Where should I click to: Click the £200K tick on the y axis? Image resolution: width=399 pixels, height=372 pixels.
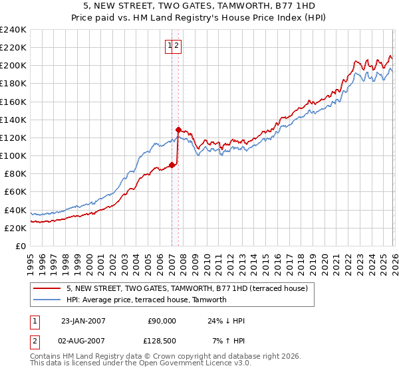coord(13,66)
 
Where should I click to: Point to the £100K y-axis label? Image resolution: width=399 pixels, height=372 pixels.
coord(13,156)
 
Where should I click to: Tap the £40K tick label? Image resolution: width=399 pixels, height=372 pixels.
coord(15,210)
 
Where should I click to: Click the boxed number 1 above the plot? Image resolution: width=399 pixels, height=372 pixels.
coord(171,45)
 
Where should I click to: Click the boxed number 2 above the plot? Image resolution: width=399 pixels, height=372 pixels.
coord(178,45)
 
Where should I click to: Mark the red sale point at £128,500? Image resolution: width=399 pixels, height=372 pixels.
coord(178,130)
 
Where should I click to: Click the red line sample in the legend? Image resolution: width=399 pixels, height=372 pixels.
coord(48,289)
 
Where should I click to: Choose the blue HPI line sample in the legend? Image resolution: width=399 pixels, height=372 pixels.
coord(48,300)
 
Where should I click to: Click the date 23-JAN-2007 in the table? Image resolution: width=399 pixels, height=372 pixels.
coord(83,321)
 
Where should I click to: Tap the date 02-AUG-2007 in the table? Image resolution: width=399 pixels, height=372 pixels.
coord(83,341)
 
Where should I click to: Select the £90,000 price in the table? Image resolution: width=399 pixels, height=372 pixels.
coord(162,321)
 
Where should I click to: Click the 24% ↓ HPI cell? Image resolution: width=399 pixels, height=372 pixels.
coord(226,321)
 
